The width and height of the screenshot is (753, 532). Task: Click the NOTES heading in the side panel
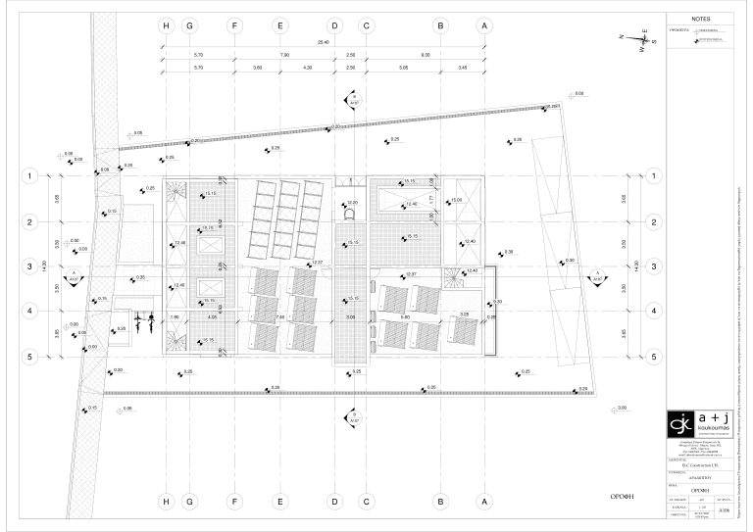[x=699, y=19]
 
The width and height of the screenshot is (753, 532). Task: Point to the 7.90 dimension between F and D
[x=284, y=55]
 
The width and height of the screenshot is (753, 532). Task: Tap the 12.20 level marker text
[x=352, y=203]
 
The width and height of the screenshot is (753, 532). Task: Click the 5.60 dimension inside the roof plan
[x=405, y=316]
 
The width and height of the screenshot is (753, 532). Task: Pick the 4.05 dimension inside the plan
[x=212, y=316]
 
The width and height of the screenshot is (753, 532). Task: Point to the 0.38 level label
[x=509, y=252]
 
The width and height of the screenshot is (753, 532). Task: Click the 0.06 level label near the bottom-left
[x=127, y=408]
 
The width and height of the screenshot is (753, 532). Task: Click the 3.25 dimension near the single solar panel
[x=464, y=314]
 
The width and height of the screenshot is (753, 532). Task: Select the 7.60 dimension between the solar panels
[x=279, y=316]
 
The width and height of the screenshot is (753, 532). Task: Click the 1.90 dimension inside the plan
[x=175, y=316]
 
